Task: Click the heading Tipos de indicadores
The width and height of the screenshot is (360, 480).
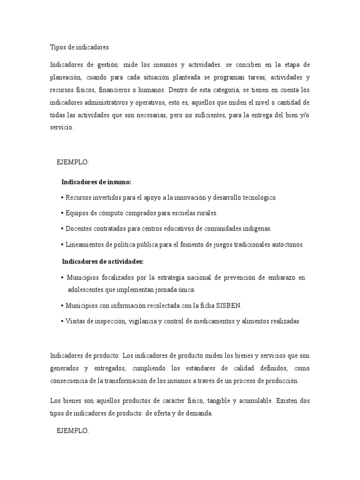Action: [x=79, y=47]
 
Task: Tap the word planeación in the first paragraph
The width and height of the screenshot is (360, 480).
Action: [x=66, y=77]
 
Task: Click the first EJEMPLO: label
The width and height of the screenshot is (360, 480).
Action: [x=72, y=162]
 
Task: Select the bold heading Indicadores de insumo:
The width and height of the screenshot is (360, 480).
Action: [x=96, y=181]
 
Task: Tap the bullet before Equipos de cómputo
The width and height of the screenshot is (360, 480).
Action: [x=62, y=213]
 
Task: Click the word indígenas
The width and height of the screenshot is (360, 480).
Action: [x=256, y=229]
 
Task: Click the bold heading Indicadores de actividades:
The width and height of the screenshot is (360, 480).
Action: [x=103, y=262]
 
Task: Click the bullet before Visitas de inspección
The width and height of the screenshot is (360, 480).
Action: [x=62, y=321]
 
